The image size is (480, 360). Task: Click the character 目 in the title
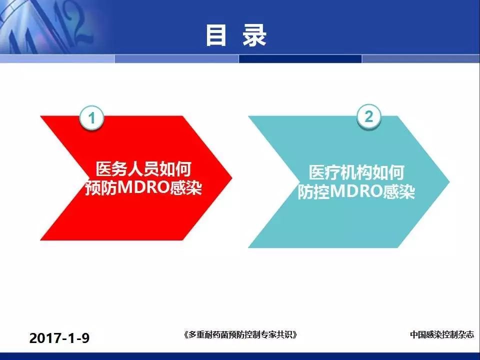coord(216,35)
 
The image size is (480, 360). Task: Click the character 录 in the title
coord(254,35)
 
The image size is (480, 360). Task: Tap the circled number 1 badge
coord(91,118)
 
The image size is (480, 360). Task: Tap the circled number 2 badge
coord(369,116)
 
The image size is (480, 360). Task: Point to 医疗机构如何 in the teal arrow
coord(356,172)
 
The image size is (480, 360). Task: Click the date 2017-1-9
coord(59,338)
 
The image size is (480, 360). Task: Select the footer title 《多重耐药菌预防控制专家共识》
coord(240,334)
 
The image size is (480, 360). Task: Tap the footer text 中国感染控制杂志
coord(441,334)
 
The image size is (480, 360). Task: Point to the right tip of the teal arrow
coord(449,181)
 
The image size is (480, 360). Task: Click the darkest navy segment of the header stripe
coord(300,59)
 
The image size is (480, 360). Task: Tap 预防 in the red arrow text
coord(101,187)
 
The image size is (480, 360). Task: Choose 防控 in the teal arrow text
coord(314,191)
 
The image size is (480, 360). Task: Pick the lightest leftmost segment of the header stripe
coord(57,59)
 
